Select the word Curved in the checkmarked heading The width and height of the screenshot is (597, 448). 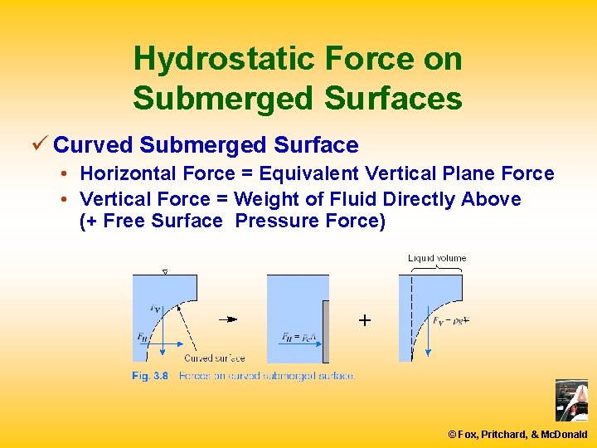pos(93,145)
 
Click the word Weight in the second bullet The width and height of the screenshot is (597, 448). pos(261,199)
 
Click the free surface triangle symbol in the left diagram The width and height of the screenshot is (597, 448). pos(164,271)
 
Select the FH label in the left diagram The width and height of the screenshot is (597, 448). pos(143,338)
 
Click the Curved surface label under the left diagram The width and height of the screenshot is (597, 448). pos(214,358)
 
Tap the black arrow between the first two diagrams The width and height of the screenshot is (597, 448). pos(228,319)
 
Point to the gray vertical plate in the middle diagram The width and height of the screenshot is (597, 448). pos(325,331)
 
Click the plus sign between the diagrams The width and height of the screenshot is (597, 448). pos(364,319)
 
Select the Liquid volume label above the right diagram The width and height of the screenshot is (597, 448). pos(437,258)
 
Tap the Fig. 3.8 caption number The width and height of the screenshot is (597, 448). pos(150,376)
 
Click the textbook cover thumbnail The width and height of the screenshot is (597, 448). pos(571,401)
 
